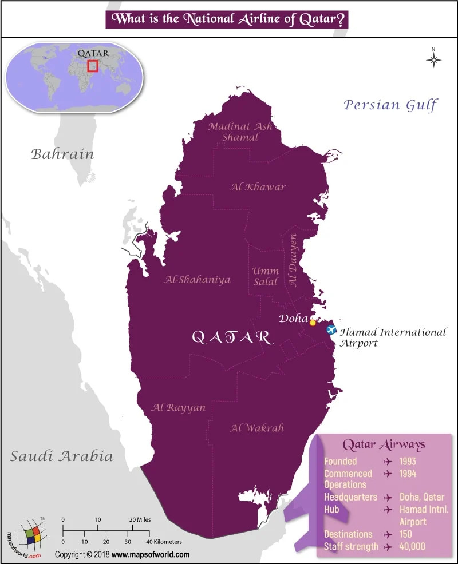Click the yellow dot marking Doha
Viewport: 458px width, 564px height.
click(x=313, y=323)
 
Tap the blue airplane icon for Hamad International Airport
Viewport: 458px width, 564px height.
click(x=331, y=330)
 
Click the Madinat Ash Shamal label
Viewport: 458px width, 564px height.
click(x=239, y=132)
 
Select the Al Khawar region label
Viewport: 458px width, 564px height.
click(x=258, y=187)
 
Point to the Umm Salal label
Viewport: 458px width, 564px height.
click(x=266, y=276)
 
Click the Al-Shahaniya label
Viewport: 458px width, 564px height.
click(x=197, y=280)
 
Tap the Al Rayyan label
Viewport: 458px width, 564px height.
click(x=179, y=407)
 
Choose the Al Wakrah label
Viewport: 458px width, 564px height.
click(x=256, y=428)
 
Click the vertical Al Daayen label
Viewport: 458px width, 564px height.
click(x=293, y=260)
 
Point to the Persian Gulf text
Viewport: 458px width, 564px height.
click(x=390, y=105)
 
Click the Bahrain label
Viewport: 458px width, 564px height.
click(x=62, y=154)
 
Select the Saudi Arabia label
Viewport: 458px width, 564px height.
click(x=62, y=456)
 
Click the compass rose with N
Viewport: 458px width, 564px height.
click(x=434, y=59)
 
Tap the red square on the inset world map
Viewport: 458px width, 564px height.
click(x=93, y=66)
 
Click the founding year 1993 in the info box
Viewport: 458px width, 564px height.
click(x=408, y=461)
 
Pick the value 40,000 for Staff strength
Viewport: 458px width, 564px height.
click(x=413, y=546)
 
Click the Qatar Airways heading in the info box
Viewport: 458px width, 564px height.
click(x=384, y=444)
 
